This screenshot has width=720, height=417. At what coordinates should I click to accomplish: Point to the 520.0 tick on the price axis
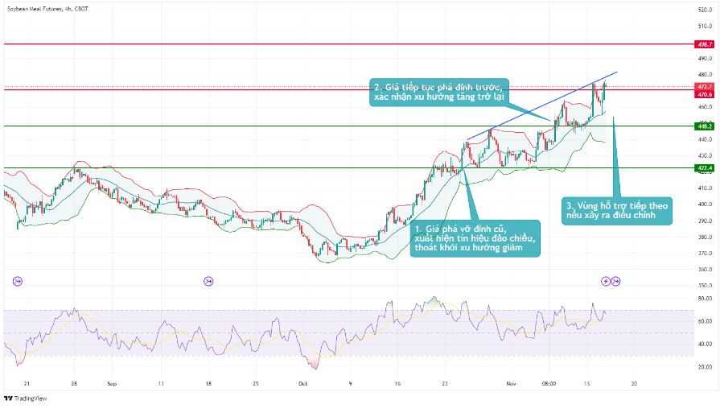tap(703, 9)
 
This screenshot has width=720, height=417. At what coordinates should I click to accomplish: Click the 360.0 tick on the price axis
tap(703, 269)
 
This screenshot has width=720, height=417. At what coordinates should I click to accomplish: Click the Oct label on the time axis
tap(302, 384)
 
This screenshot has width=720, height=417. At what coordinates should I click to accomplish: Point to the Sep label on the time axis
tap(112, 384)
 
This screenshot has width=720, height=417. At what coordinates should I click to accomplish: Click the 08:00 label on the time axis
tap(549, 384)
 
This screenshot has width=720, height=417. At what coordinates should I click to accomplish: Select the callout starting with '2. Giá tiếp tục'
tap(438, 92)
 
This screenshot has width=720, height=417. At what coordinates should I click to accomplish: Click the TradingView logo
tap(26, 398)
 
